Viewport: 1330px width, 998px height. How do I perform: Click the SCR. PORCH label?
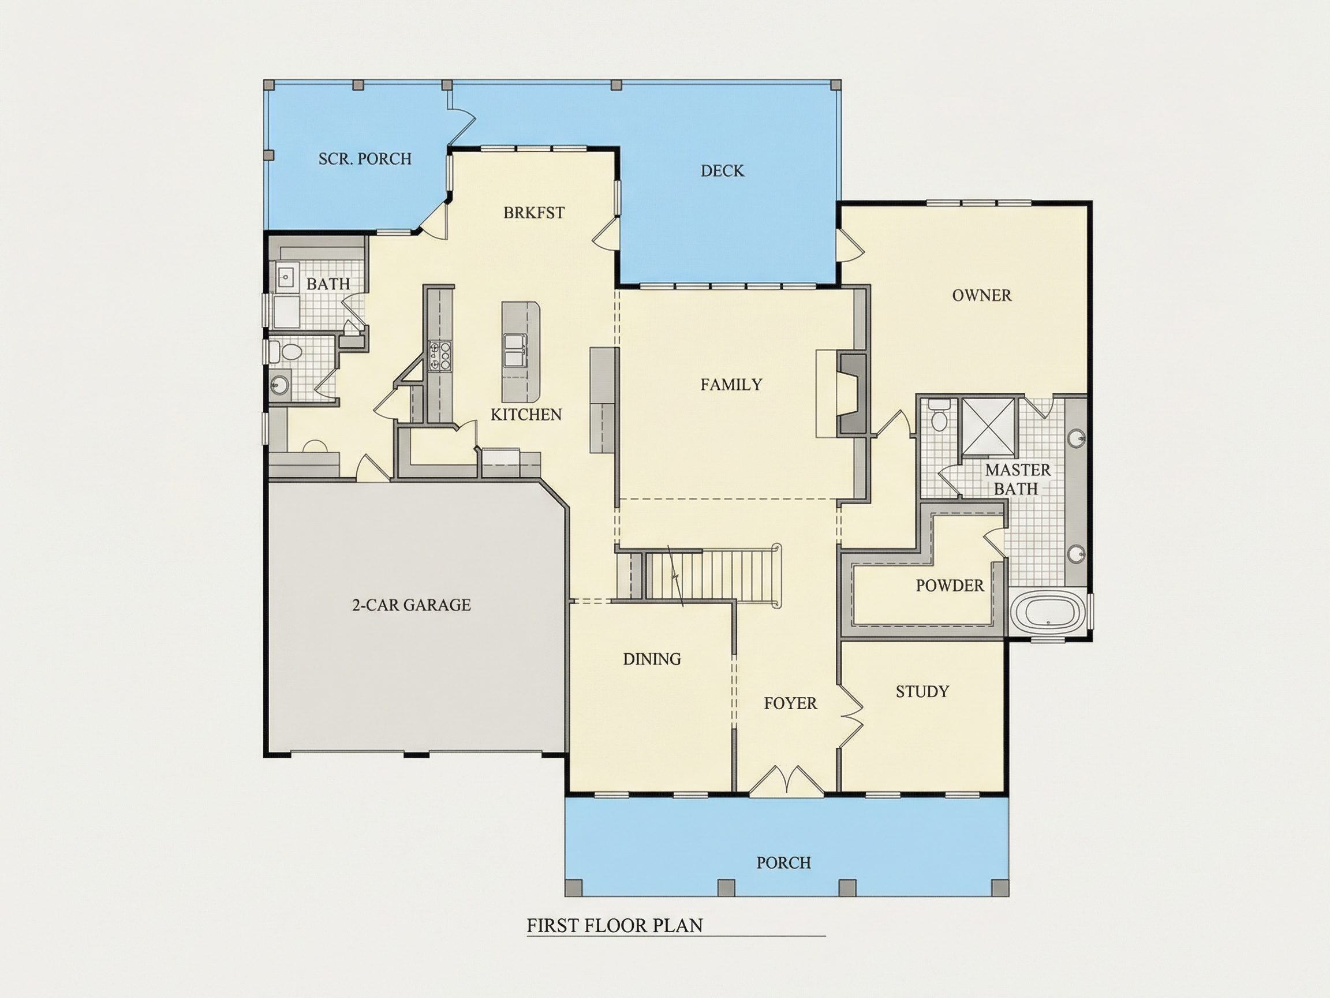[365, 159]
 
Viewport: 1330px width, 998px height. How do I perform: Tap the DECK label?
[722, 171]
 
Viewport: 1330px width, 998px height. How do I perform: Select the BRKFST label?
[534, 213]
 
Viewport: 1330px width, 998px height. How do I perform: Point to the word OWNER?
[982, 295]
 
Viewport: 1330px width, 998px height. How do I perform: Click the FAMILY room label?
[731, 385]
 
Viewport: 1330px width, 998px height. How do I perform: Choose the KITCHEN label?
[526, 415]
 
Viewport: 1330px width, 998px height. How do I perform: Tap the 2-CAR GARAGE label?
[411, 605]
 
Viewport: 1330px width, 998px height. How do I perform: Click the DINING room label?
[652, 660]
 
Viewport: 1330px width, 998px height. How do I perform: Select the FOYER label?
[790, 703]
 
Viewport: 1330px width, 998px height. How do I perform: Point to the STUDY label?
[922, 692]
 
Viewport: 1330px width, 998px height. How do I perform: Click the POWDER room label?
[950, 585]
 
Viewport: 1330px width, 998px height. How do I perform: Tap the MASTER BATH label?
[1017, 479]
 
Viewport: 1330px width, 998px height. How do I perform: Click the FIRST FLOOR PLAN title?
[615, 925]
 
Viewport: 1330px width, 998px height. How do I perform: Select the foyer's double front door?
[786, 780]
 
